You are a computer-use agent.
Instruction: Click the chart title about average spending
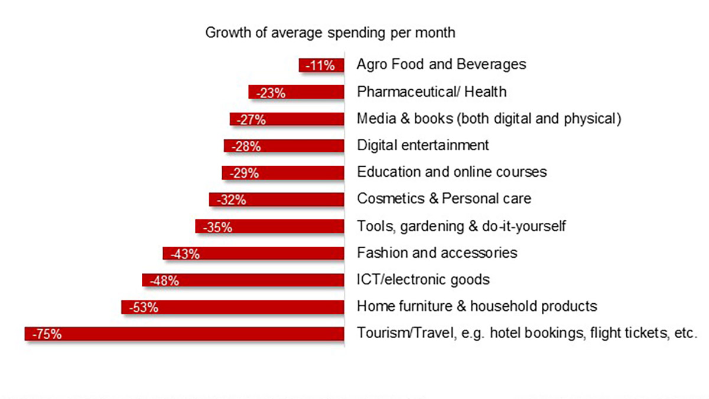[x=330, y=33]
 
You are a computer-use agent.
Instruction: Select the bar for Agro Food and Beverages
[x=321, y=65]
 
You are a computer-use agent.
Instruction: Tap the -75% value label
[x=47, y=335]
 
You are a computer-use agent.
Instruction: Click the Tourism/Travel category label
[x=527, y=333]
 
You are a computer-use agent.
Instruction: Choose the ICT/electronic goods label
[x=423, y=280]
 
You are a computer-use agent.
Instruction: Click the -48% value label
[x=164, y=281]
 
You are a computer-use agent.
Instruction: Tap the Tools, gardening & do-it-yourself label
[x=461, y=226]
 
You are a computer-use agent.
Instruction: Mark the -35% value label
[x=217, y=227]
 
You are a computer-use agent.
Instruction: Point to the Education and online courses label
[x=452, y=172]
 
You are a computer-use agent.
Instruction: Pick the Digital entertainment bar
[x=284, y=146]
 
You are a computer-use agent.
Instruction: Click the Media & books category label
[x=489, y=118]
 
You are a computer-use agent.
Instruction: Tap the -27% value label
[x=252, y=119]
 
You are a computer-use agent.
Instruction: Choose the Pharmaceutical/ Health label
[x=431, y=92]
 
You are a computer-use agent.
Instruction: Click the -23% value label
[x=271, y=93]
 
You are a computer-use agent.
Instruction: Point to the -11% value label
[x=320, y=66]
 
